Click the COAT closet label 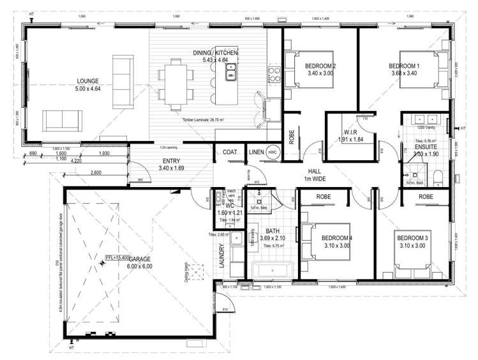(230, 152)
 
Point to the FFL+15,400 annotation (117, 257)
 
